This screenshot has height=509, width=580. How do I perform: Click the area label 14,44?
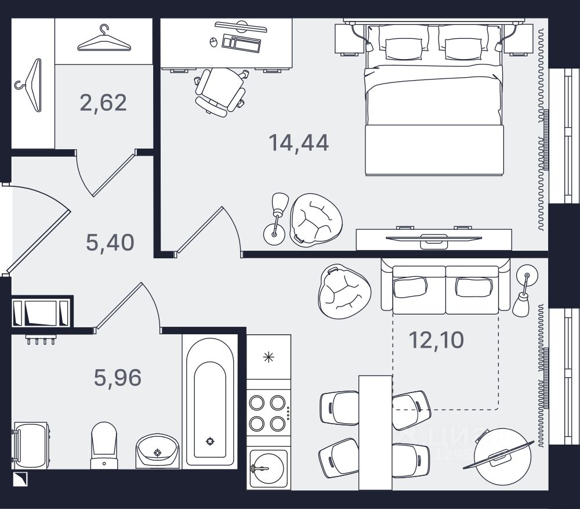point(299,142)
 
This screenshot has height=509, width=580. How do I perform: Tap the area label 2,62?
point(103,103)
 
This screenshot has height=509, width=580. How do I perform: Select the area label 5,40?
point(110,241)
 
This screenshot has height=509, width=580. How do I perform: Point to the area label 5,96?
point(118,378)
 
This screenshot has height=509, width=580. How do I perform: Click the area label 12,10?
point(437,340)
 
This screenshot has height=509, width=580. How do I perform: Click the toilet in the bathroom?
point(104,445)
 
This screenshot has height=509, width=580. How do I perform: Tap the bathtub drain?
point(209,441)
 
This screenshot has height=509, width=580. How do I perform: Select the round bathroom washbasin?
point(157,450)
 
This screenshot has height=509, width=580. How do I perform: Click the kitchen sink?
point(267,467)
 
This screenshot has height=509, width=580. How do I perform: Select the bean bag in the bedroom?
point(316,219)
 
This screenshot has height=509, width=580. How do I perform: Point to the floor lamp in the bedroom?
point(276,218)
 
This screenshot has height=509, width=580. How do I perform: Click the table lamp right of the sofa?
point(523,293)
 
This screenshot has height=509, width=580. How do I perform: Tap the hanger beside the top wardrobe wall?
point(103,39)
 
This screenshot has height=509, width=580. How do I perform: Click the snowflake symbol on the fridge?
point(268,357)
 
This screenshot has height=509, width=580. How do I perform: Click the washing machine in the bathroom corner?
point(30,445)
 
